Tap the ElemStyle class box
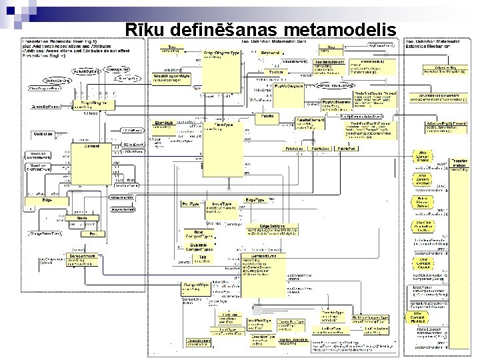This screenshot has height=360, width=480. pyautogui.click(x=165, y=131)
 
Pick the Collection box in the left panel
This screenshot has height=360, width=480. pyautogui.click(x=44, y=134)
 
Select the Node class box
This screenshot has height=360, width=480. pyautogui.click(x=83, y=221)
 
